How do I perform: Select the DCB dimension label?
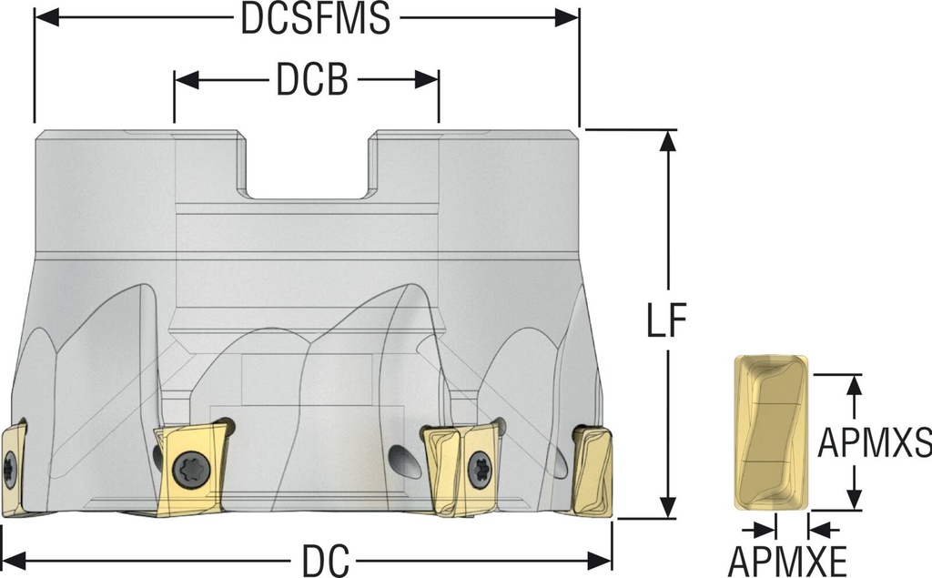tap(312, 81)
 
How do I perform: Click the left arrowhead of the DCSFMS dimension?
tap(44, 18)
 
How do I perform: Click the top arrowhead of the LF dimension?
tap(669, 139)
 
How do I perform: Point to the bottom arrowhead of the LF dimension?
tap(669, 510)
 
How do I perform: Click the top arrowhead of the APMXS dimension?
tap(854, 383)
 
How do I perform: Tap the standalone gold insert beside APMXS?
tap(771, 433)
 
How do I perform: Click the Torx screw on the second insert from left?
tap(194, 470)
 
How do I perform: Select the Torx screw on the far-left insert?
tap(10, 469)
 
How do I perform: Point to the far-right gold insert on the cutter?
tap(592, 472)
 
